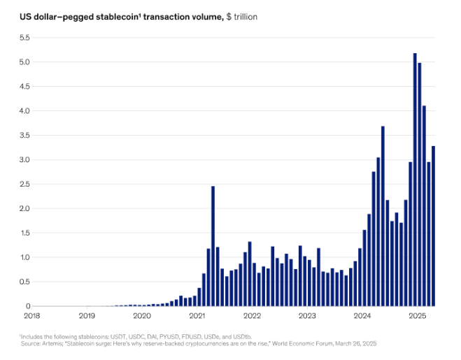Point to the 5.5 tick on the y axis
pos(24,38)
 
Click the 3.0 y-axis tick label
pos(24,160)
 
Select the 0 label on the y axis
pos(28,306)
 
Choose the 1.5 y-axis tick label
pos(24,233)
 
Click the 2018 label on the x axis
pos(32,316)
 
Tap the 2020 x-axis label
pos(142,316)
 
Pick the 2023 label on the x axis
pos(307,316)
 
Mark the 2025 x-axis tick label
pos(418,316)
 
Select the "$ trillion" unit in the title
pos(241,16)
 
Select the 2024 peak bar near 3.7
pos(383,216)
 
